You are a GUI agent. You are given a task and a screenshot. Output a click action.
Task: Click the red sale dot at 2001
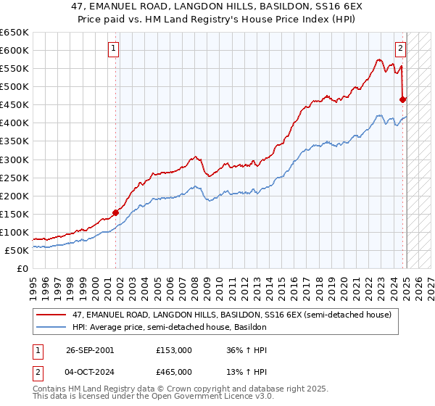[115, 212]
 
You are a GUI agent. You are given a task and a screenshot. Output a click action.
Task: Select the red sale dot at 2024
[402, 99]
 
